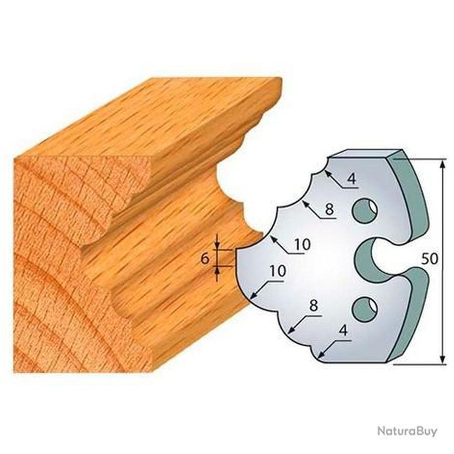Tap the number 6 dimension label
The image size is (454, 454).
tap(205, 259)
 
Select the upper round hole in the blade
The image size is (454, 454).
tap(365, 211)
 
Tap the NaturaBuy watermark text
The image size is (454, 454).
tap(407, 431)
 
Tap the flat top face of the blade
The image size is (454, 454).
tap(361, 154)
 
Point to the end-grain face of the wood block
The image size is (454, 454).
tap(68, 267)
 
